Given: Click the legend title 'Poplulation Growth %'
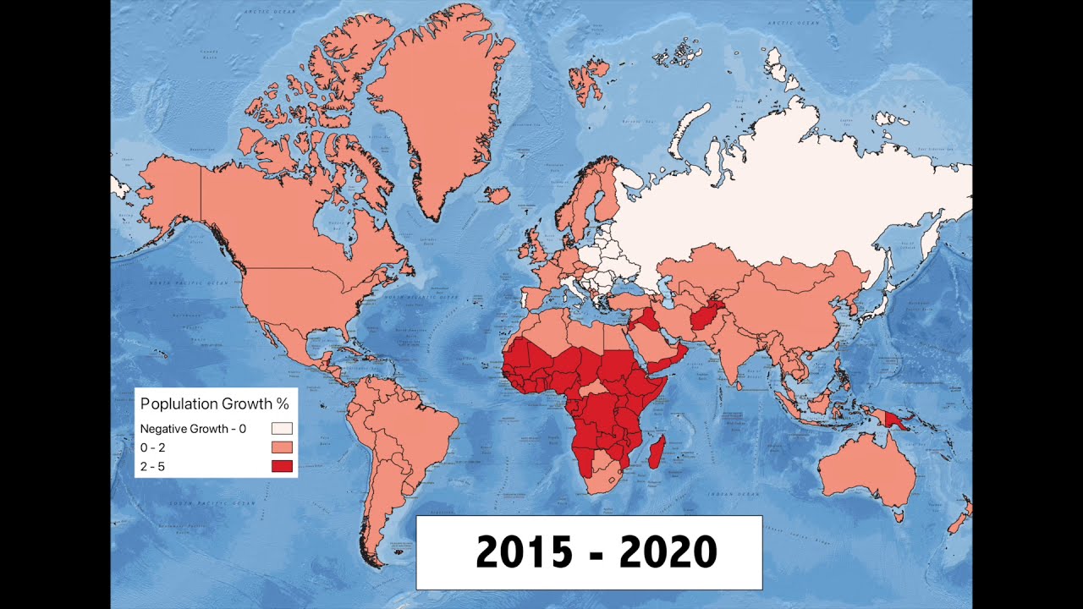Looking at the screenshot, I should pos(214,404).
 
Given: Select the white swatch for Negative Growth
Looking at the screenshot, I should pos(282,429).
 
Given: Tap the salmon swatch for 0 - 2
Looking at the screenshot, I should pos(282,447).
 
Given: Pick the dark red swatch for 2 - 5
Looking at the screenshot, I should pos(282,466).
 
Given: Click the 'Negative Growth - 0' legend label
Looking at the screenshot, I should pos(193,429).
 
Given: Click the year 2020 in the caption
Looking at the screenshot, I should pos(668,552).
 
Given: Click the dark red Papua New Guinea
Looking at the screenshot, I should pos(898,420).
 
